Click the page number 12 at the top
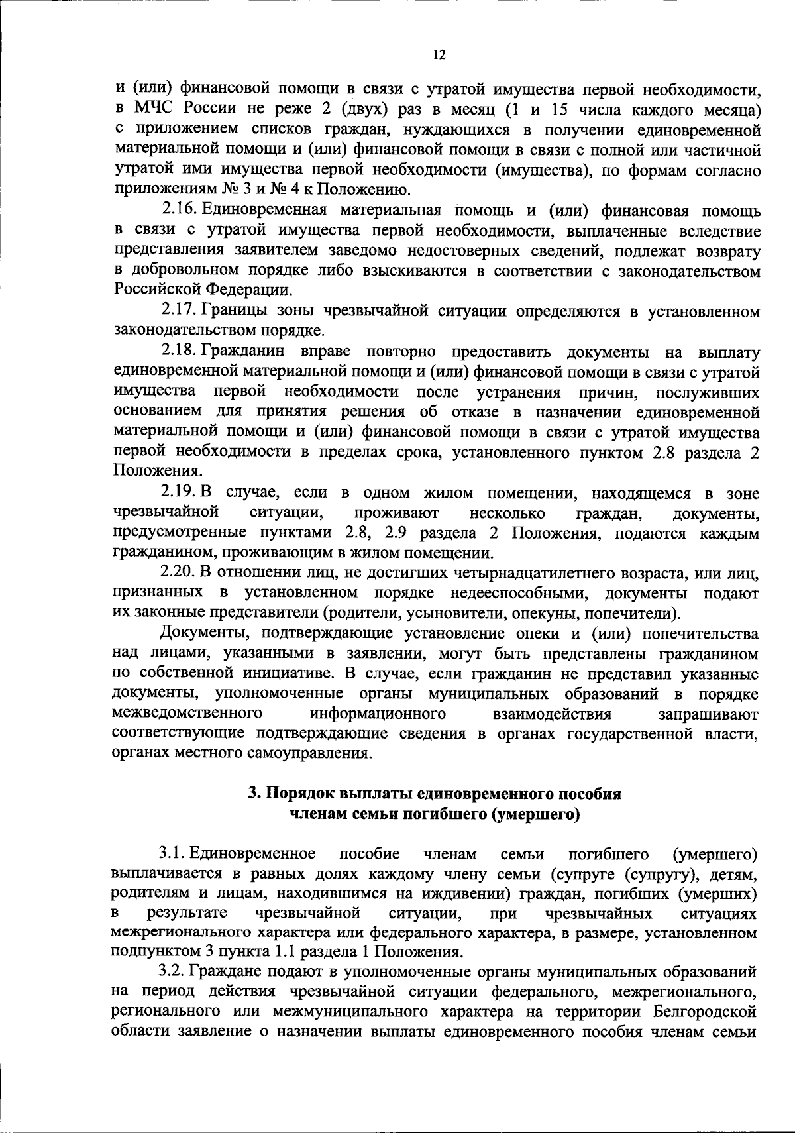[x=439, y=56]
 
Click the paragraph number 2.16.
[x=177, y=211]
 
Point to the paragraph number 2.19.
[x=177, y=494]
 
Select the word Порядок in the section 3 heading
[x=300, y=794]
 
